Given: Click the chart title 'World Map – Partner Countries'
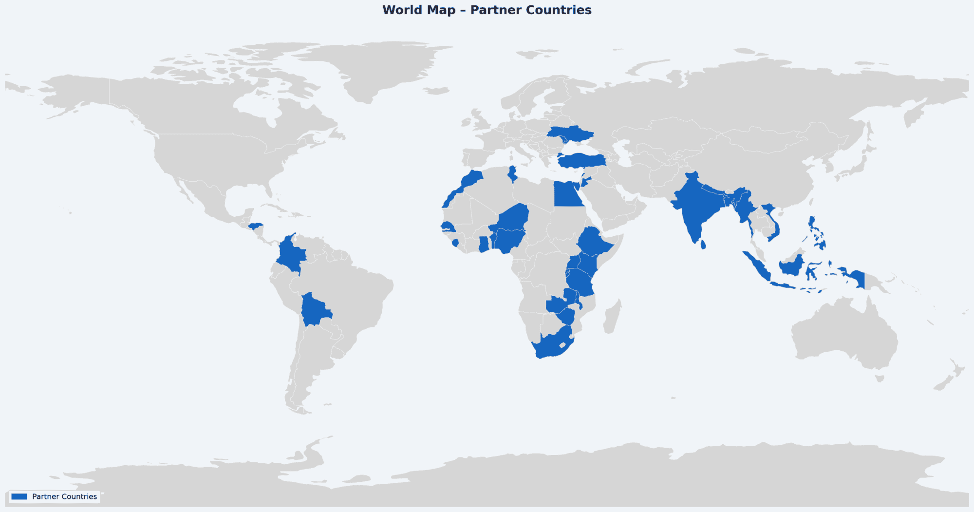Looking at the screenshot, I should click(487, 10).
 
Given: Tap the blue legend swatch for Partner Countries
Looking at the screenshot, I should click(19, 496).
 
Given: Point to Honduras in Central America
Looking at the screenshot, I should click(255, 226).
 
